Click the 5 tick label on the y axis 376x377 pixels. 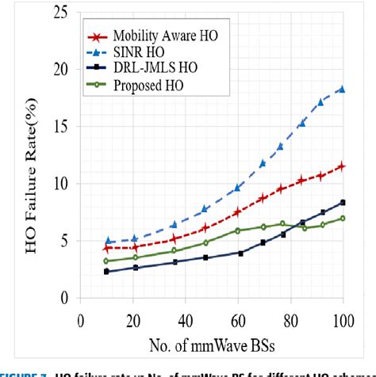[64, 241]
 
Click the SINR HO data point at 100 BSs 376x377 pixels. [343, 89]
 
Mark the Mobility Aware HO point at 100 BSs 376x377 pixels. [343, 166]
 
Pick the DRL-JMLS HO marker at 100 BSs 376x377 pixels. [343, 203]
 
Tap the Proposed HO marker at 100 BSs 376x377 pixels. [343, 218]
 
